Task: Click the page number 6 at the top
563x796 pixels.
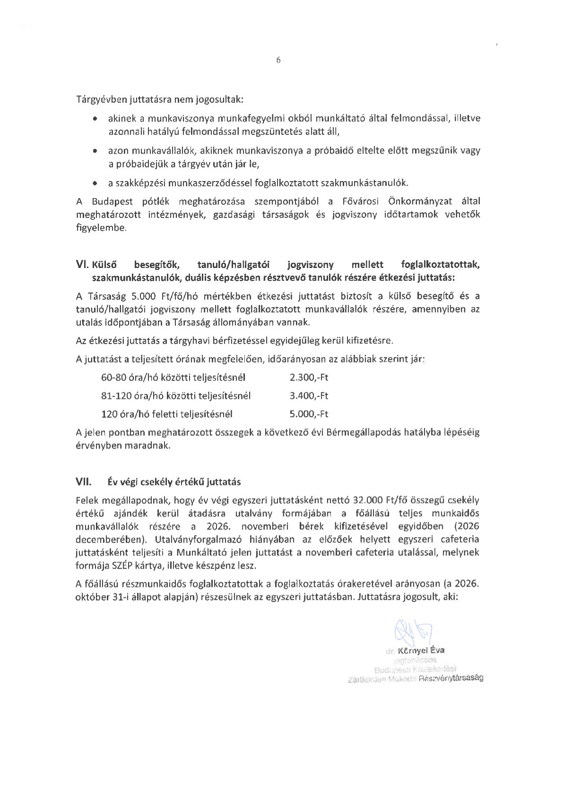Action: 278,60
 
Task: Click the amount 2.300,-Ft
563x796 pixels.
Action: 309,378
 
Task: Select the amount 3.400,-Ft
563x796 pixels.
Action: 309,396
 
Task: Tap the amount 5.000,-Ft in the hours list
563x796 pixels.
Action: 309,414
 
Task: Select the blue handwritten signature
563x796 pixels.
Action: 413,630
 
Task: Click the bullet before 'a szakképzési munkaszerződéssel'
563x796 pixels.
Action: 96,182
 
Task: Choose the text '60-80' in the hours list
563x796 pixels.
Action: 112,378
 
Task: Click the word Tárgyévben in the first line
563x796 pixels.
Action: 99,100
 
